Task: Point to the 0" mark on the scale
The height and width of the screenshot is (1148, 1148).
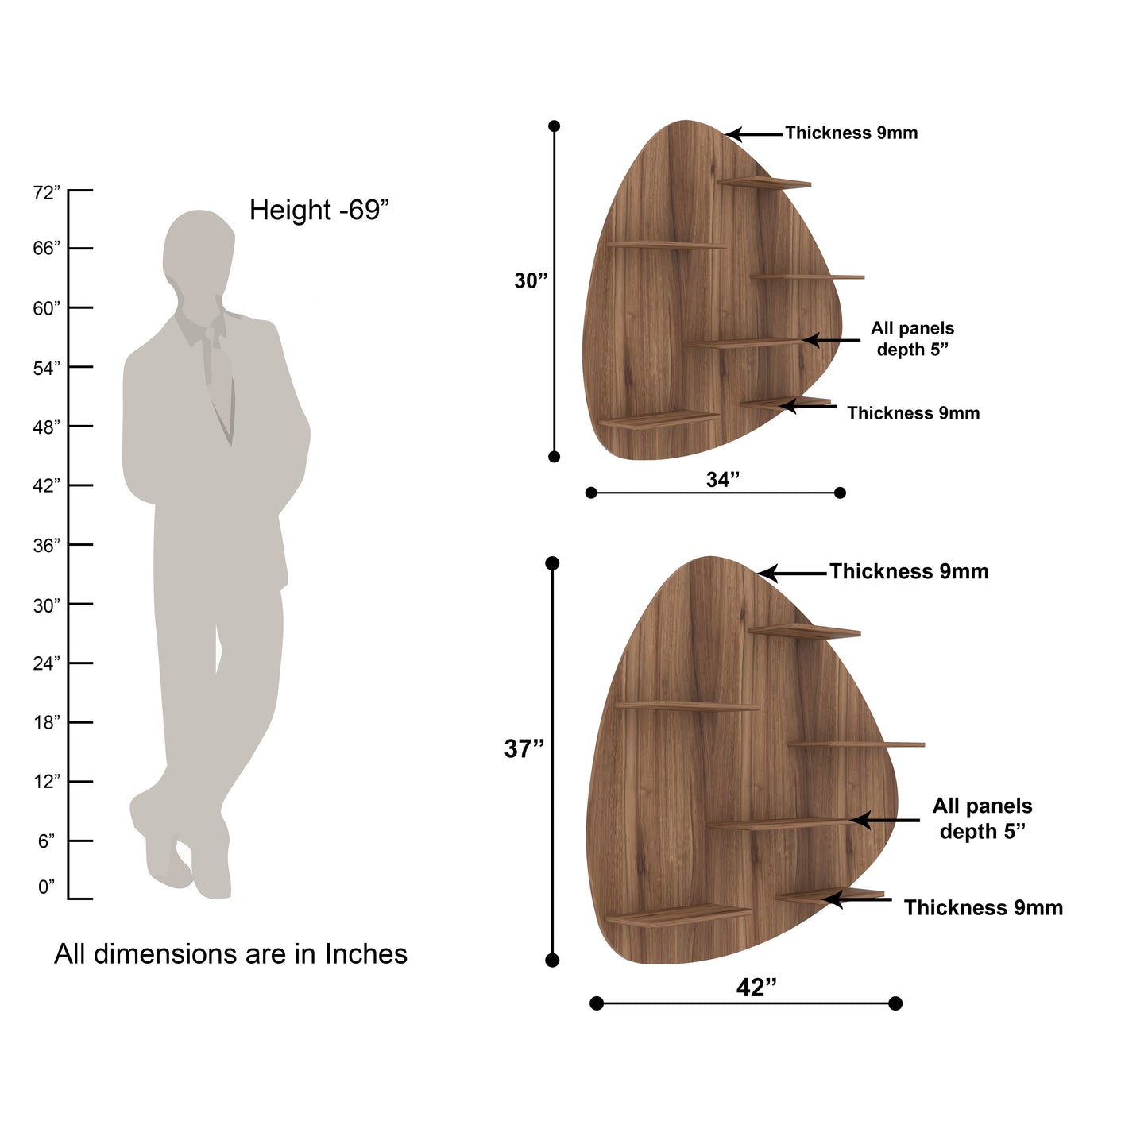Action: coord(47,887)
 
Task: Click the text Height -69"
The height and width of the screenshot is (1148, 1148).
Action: coord(319,211)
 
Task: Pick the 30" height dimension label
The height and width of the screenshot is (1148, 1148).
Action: coord(531,280)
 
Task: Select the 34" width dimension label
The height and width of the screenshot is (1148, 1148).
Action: coord(723,479)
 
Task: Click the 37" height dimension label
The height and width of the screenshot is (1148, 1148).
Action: coord(524,748)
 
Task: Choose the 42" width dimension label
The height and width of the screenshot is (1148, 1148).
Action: coord(756,988)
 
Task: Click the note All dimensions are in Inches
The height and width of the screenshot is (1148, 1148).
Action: coord(230,953)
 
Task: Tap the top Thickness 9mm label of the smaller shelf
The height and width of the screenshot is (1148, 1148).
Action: coord(851,133)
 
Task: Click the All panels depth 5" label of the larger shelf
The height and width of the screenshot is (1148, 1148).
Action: coord(982,819)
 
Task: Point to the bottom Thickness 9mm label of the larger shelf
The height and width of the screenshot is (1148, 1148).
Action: coord(983,908)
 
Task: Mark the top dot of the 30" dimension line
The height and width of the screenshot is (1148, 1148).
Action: coord(555,126)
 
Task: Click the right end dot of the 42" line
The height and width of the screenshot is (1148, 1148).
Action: coord(895,1003)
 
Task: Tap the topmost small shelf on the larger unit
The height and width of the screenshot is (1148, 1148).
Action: coord(804,632)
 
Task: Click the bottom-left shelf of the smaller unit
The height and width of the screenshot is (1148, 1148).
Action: coord(659,418)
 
